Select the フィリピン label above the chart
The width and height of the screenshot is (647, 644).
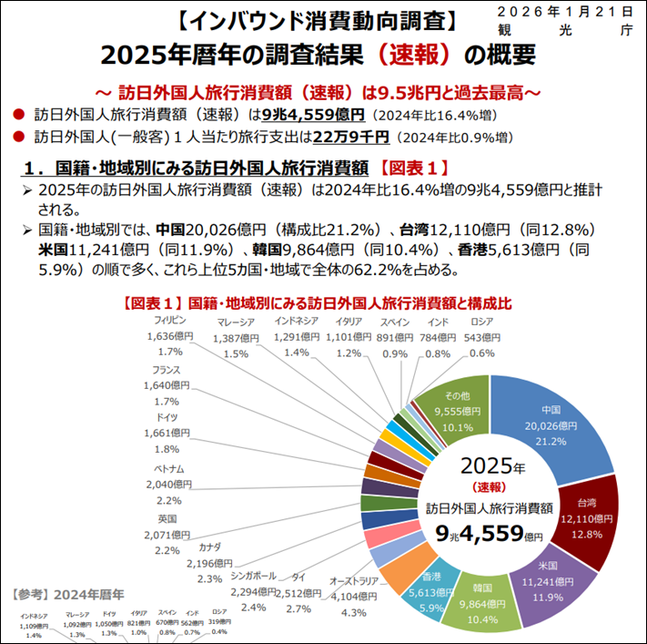(170, 322)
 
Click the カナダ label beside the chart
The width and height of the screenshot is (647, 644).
(209, 547)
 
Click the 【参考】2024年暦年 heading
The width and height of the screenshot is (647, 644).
(60, 593)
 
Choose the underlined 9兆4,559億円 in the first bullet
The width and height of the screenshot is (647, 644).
(313, 115)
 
